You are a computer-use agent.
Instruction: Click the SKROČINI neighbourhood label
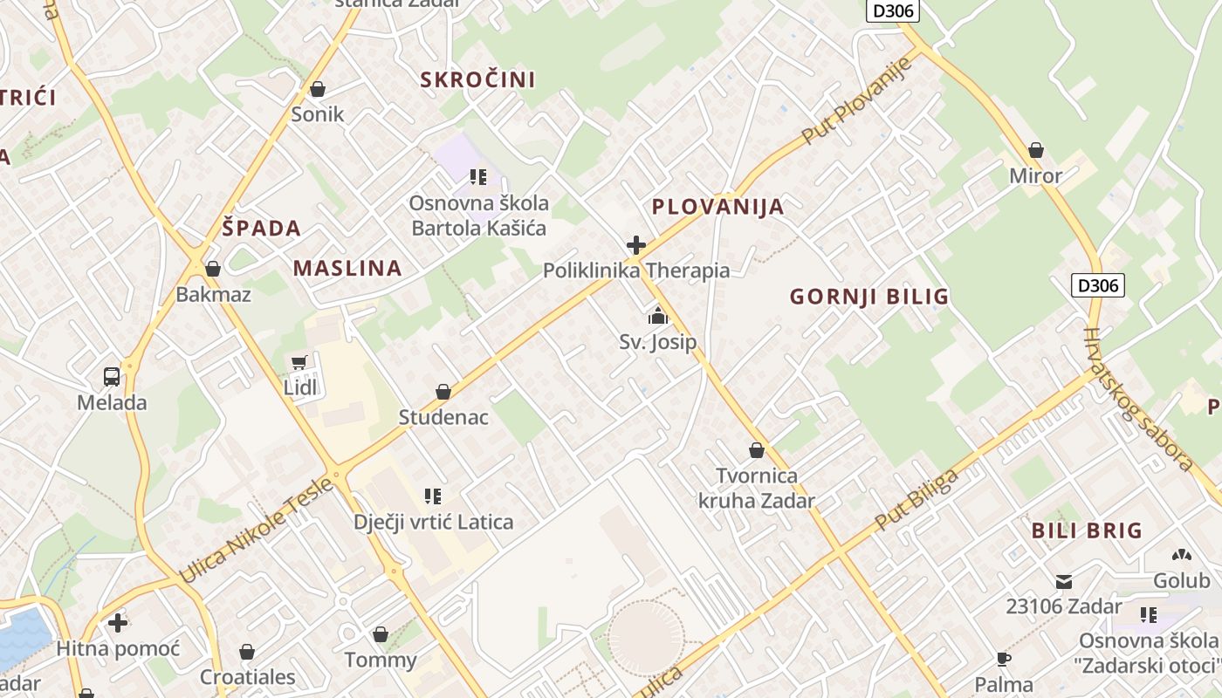477,79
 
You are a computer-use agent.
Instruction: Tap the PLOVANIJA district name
717,207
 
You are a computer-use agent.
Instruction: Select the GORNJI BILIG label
868,297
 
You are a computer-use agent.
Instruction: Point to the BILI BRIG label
1087,530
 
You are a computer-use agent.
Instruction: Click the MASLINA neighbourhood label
347,268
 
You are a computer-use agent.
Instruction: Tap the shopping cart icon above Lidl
300,362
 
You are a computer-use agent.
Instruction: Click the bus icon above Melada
112,377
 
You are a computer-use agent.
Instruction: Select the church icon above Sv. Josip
658,316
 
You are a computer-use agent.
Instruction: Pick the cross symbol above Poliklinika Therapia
636,245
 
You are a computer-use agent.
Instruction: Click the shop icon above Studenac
443,392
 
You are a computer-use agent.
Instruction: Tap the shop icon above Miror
1036,150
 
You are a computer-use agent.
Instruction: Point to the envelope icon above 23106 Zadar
1064,581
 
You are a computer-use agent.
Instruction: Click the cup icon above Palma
1004,659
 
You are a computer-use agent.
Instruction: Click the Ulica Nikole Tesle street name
255,529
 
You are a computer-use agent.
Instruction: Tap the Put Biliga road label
916,499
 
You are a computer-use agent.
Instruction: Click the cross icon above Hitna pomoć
118,623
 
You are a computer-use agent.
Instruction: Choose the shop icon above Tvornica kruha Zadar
757,450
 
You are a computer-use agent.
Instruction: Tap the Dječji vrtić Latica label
433,522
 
